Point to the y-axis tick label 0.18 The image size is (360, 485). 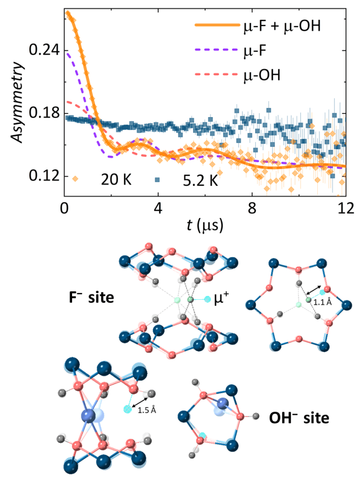coord(41,113)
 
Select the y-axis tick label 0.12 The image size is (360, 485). coord(41,176)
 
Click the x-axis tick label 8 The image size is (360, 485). coord(252,207)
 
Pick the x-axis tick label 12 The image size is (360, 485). coord(346,207)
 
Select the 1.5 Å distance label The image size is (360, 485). coord(147,411)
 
